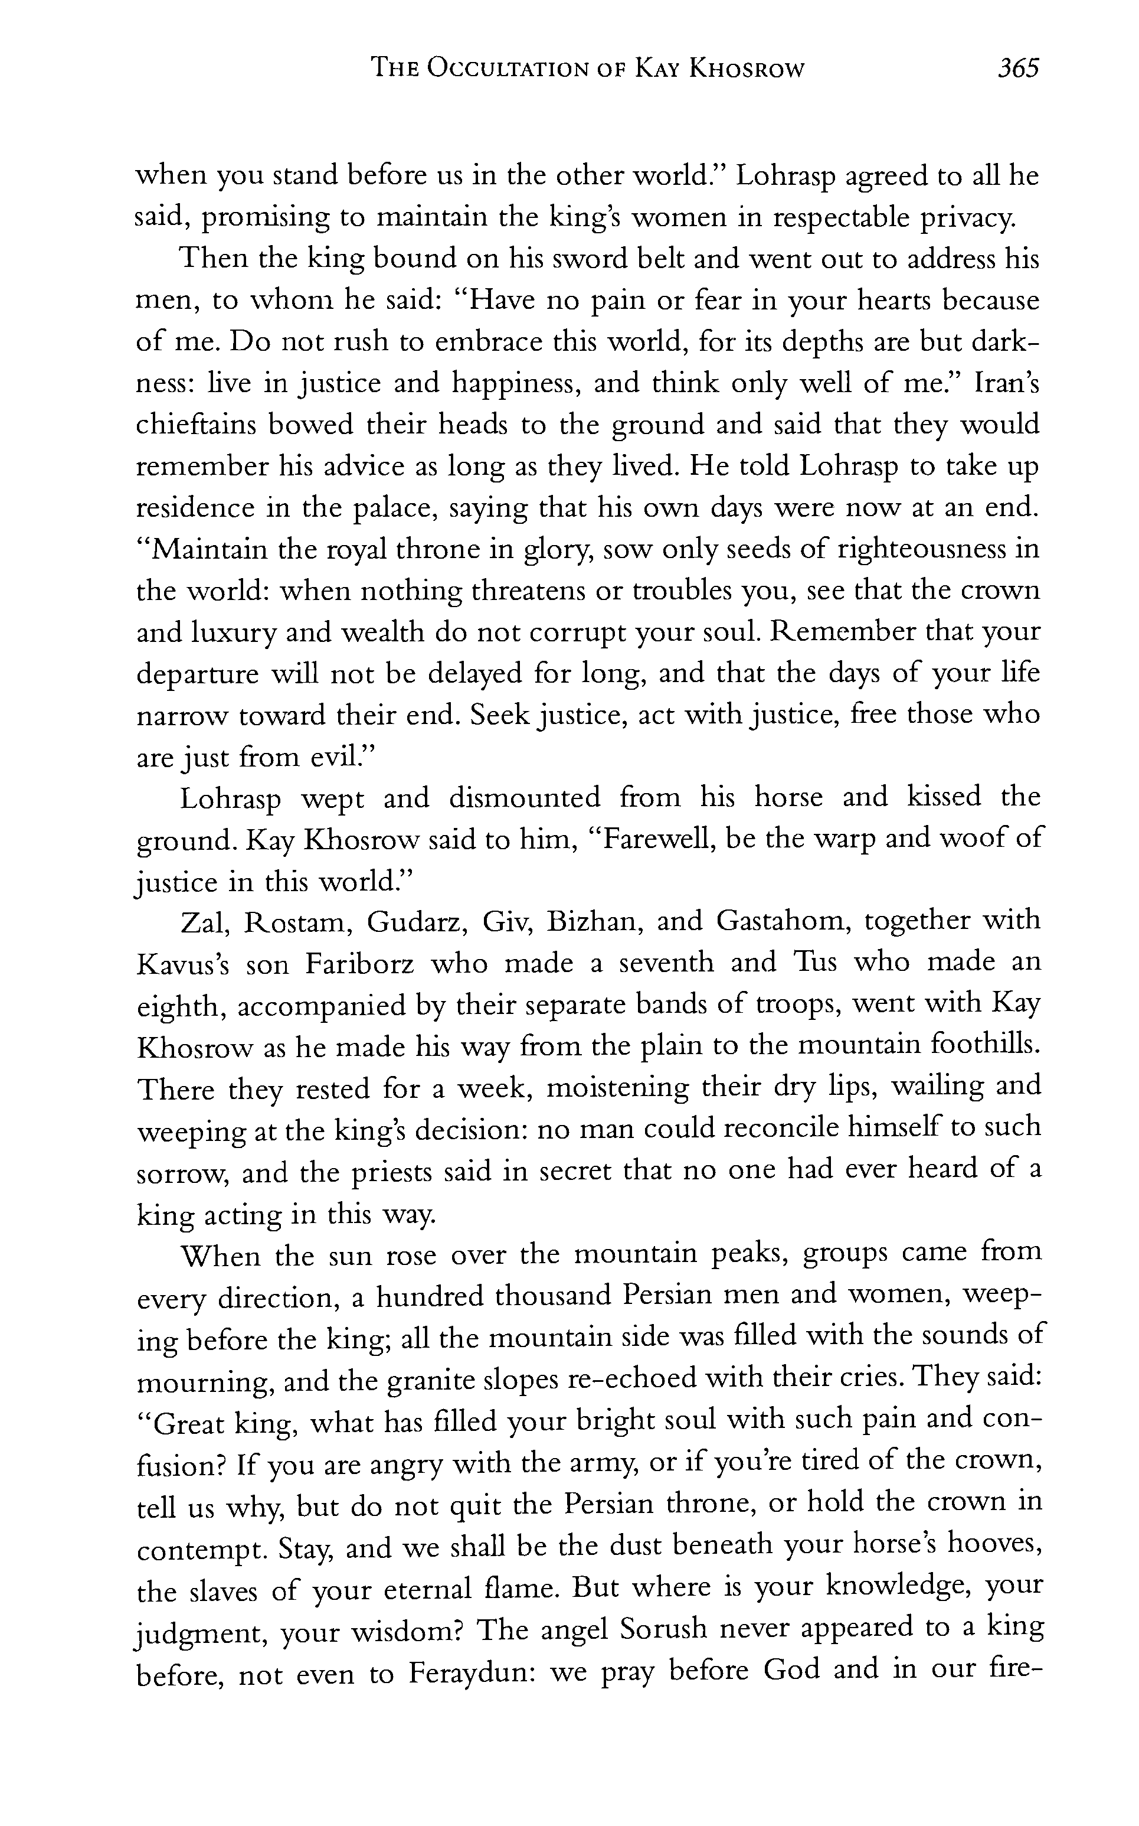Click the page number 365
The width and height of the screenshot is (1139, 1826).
click(x=1017, y=69)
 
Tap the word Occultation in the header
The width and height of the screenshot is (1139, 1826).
click(x=506, y=69)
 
